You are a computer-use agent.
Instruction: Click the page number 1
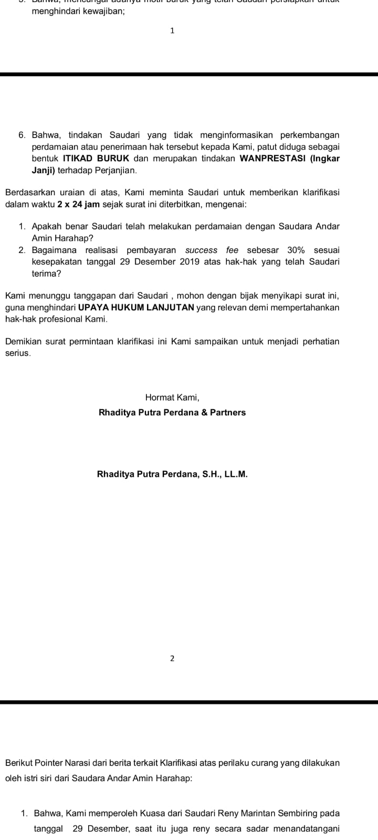point(172,31)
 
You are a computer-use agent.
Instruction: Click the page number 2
point(172,658)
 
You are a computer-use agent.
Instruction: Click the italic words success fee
point(212,250)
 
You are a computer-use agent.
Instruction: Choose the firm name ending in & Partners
point(172,413)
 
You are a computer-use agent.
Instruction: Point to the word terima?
point(46,274)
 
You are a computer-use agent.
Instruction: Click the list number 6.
point(22,135)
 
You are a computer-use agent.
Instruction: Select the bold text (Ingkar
point(325,159)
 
